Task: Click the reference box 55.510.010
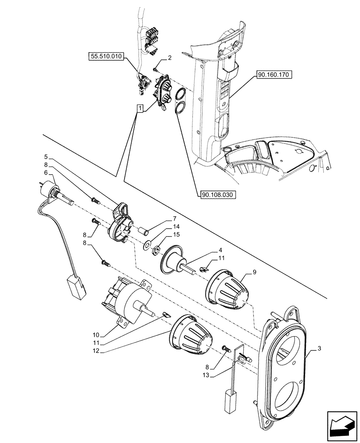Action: click(107, 57)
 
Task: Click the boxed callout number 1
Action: click(140, 108)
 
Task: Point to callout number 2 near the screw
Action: click(169, 58)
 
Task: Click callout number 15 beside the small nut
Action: click(176, 234)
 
